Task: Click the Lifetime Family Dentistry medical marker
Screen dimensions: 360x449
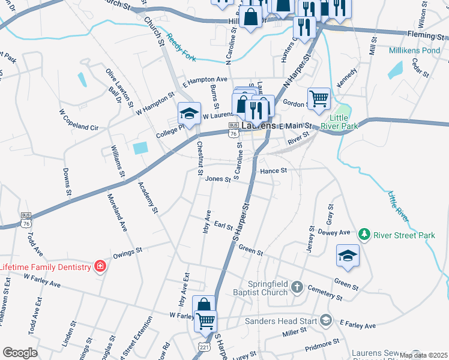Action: pos(100,266)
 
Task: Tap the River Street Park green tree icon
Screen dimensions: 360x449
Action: pos(363,233)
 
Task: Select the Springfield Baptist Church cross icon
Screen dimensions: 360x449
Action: pos(296,288)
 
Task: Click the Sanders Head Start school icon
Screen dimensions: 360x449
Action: pos(325,320)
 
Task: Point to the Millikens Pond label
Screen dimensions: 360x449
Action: pos(414,51)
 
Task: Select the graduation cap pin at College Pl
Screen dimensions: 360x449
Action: pos(188,113)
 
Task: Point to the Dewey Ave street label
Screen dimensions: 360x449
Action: pos(334,232)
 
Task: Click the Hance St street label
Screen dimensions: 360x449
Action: pos(274,171)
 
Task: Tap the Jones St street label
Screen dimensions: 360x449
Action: pos(217,178)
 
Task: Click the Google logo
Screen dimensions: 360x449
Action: pos(20,353)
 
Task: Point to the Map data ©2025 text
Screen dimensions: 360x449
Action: pos(424,355)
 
